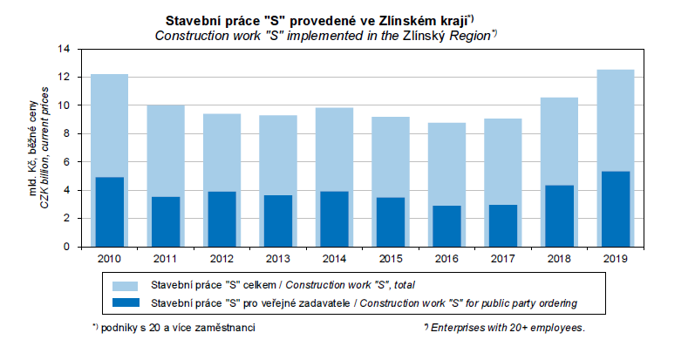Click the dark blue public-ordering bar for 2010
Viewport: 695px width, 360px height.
point(109,212)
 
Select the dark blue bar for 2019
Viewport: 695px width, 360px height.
point(615,209)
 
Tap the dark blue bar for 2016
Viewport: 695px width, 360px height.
point(446,227)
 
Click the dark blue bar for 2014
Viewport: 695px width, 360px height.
point(334,219)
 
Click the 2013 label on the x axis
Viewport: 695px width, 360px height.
point(277,259)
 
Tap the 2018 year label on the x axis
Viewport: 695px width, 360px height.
point(559,259)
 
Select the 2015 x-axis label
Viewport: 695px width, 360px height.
point(390,259)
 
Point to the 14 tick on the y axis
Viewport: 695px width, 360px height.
point(62,49)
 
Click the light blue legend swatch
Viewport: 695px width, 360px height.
point(125,285)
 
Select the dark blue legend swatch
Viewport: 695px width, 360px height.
point(125,302)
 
